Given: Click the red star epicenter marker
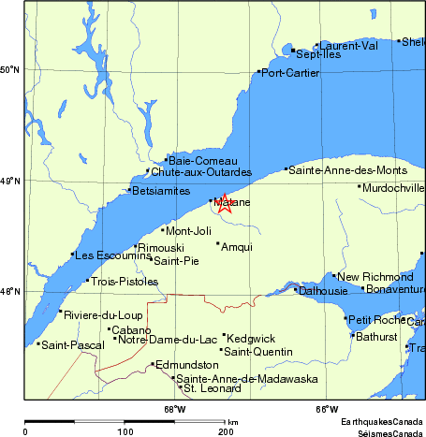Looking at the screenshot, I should pos(225,203).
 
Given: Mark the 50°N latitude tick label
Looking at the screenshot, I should pos(10,70).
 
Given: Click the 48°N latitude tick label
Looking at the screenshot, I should pos(10,292).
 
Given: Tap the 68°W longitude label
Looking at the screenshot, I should pos(174,408).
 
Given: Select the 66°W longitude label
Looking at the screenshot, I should pos(327,408).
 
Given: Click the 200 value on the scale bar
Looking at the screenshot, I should pos(226,430).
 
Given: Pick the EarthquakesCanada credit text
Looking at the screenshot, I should pos(381,423).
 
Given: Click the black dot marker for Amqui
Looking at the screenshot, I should pos(218,243).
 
